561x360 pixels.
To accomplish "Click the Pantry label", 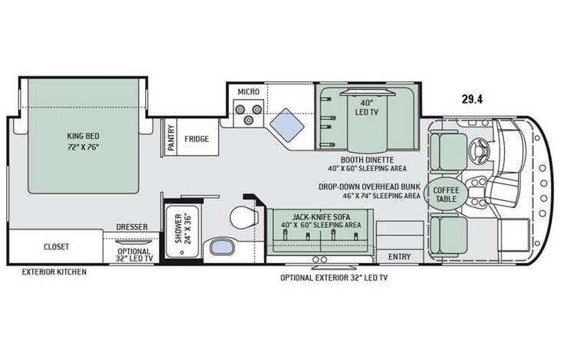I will click(171, 139).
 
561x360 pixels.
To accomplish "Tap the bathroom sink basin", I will click(219, 248).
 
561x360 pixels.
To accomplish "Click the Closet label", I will click(56, 247).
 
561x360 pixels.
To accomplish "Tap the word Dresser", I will click(132, 227).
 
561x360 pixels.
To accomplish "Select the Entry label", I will click(399, 256).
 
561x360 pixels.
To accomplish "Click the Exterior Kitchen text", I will click(54, 272).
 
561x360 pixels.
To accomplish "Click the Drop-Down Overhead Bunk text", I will click(370, 186).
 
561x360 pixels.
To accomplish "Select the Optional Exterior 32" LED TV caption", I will click(334, 277).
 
